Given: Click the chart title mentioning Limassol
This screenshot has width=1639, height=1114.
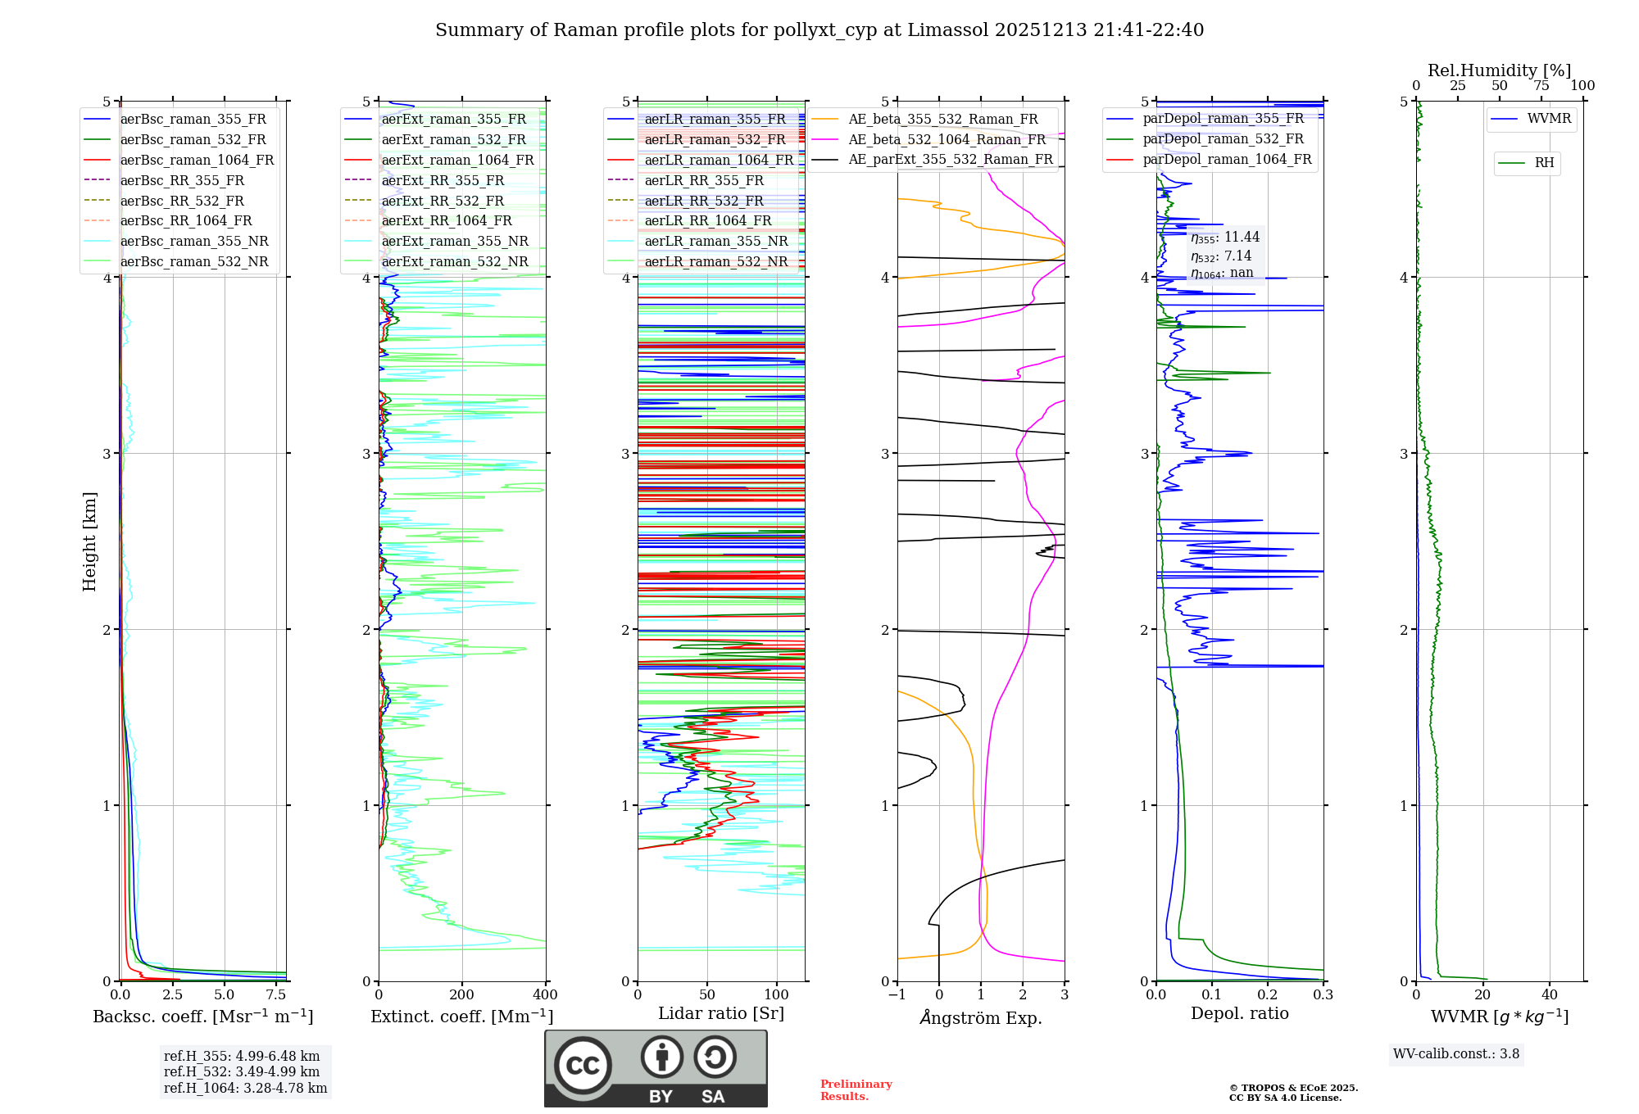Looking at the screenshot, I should (819, 30).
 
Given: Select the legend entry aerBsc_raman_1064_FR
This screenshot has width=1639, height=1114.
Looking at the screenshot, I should (197, 160).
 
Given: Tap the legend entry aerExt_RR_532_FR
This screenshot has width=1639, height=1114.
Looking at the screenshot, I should (443, 201).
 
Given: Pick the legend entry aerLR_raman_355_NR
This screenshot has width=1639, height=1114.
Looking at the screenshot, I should (715, 241).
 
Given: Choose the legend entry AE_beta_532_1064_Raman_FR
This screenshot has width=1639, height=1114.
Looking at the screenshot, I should (947, 139).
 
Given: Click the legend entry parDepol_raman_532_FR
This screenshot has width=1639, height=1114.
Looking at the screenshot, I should (1223, 138).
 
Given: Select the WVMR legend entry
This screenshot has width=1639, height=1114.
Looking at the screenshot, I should (1549, 119).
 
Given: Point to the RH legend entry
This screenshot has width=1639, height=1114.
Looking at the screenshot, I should (1544, 163).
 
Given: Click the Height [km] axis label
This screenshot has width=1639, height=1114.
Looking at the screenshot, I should (89, 541).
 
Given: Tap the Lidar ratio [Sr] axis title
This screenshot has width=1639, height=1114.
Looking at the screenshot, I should (721, 1013).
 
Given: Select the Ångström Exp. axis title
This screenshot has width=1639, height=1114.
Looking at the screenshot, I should (981, 1017).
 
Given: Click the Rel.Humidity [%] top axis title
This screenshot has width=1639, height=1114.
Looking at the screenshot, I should (1499, 70).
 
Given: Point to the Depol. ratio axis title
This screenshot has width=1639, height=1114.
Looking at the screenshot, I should (1239, 1013).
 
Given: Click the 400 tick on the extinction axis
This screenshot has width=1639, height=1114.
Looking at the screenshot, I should (546, 995).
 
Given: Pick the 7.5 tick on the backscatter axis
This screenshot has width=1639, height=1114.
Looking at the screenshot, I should (276, 995).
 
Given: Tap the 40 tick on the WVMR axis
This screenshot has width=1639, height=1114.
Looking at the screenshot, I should (1550, 995).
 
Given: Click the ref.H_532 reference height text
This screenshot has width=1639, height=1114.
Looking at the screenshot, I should (242, 1071).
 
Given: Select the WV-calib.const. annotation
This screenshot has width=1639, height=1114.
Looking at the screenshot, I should (1456, 1054).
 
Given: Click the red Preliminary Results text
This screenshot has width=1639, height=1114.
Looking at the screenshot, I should (856, 1089).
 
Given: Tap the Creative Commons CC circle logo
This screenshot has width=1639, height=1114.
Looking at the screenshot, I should (583, 1065).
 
